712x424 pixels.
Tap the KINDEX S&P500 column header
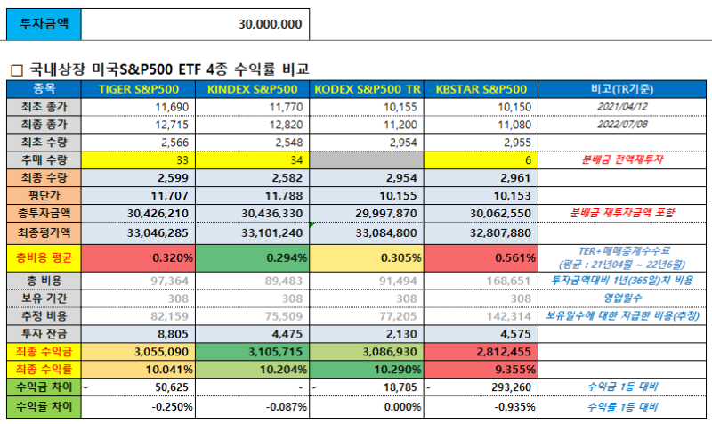tap(252, 89)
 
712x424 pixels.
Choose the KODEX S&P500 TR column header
tap(367, 89)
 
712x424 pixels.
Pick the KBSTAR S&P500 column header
tap(481, 89)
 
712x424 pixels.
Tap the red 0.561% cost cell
tap(481, 258)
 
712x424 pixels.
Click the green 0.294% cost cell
tap(252, 258)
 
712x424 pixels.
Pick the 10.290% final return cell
tap(367, 367)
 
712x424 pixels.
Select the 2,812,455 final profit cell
tap(481, 350)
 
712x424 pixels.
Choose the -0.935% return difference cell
tap(481, 405)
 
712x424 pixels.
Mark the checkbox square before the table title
tap(15, 69)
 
